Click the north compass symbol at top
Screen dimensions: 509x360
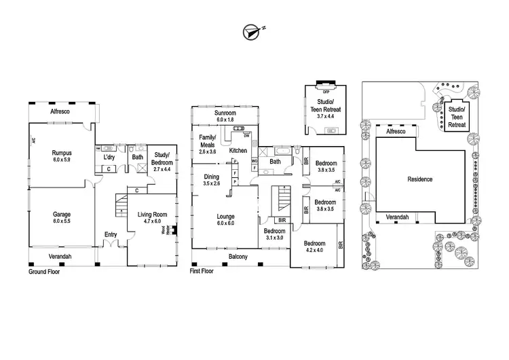[252, 31]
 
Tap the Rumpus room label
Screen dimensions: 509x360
[62, 157]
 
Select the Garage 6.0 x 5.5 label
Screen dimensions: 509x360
[62, 217]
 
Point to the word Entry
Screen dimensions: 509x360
[110, 235]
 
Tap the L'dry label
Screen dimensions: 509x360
[109, 157]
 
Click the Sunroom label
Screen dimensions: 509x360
[225, 115]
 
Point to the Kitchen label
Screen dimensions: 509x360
[238, 150]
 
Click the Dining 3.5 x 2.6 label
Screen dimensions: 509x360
[212, 180]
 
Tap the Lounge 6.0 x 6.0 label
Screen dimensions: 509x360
[225, 220]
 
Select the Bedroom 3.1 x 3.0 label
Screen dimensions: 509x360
[274, 234]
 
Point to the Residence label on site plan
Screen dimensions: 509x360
[419, 179]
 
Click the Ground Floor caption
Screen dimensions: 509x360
[44, 271]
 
